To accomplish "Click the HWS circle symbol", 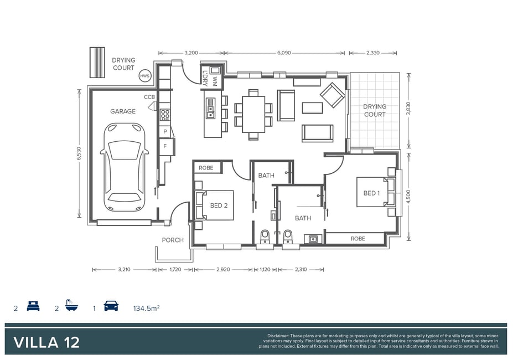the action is point(144,76).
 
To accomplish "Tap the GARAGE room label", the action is point(123,111).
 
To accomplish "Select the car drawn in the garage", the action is point(125,167).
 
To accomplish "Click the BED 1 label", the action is point(372,193).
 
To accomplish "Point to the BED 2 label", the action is point(219,205).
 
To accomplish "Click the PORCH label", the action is point(173,240).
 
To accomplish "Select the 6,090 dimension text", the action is point(284,53).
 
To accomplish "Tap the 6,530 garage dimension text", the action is point(79,153).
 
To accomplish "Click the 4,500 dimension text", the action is point(408,197).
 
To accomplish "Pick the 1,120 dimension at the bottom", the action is point(265,270).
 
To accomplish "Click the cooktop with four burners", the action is point(165,115).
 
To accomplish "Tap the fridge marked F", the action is point(165,146).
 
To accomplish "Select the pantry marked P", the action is point(165,132).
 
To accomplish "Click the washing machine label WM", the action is point(215,81).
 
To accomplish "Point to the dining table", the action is point(253,114).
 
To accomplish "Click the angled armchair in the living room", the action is point(333,95).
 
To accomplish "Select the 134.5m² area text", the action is point(146,308).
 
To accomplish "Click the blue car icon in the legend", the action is point(111,306).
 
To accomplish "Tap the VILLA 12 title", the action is point(46,343).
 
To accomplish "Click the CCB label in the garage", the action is point(149,97).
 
